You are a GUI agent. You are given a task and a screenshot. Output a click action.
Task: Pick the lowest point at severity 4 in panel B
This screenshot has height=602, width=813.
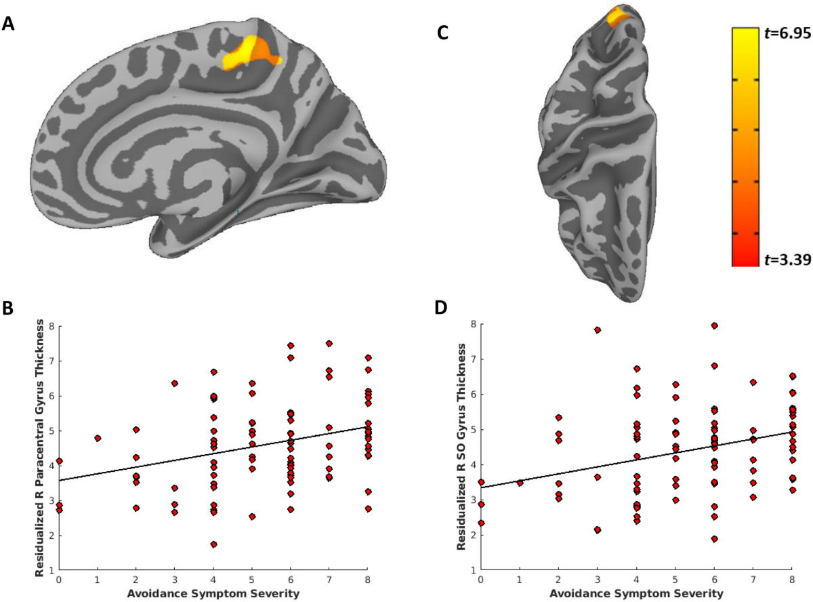213,544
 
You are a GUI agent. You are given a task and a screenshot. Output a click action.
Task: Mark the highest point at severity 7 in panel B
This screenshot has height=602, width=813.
329,344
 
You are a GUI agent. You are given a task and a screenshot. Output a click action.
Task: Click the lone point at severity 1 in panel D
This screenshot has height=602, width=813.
520,483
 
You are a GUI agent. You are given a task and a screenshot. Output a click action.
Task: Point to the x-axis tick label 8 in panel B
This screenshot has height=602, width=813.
368,580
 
